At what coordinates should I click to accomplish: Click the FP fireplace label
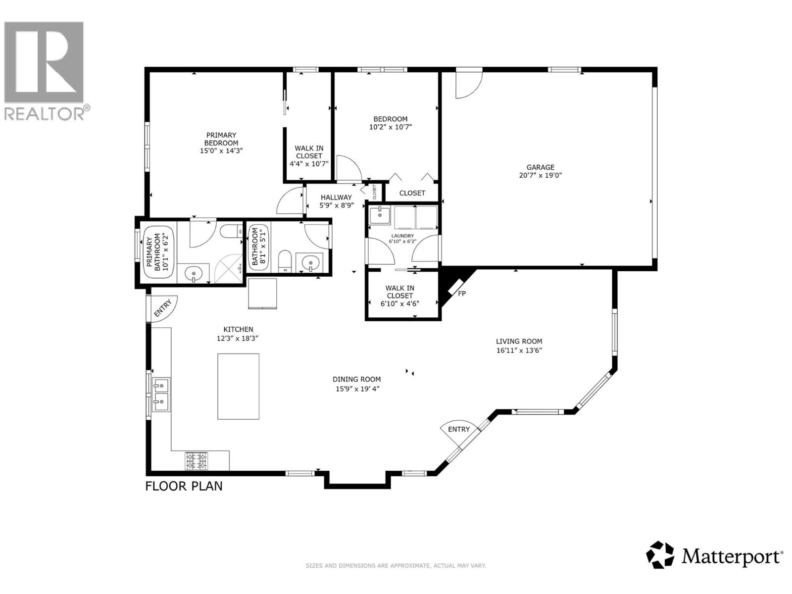click(x=461, y=294)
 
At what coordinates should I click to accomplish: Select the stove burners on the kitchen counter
click(x=197, y=461)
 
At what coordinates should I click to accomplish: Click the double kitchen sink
click(x=161, y=395)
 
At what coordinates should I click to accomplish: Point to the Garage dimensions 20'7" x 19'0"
click(x=540, y=175)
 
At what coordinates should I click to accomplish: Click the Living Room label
click(x=519, y=341)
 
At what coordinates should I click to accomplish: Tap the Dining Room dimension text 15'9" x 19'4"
click(x=357, y=389)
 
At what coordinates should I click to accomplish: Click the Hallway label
click(x=336, y=197)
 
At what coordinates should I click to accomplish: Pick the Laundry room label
click(x=402, y=236)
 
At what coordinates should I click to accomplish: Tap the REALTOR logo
click(x=45, y=69)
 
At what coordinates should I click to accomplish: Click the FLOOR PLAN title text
click(x=184, y=486)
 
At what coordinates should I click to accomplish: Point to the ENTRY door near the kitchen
click(x=162, y=308)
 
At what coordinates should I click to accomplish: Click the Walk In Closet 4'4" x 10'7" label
click(x=309, y=155)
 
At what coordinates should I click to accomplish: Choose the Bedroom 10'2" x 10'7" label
click(x=390, y=122)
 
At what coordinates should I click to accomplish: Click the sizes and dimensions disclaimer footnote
click(x=396, y=565)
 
